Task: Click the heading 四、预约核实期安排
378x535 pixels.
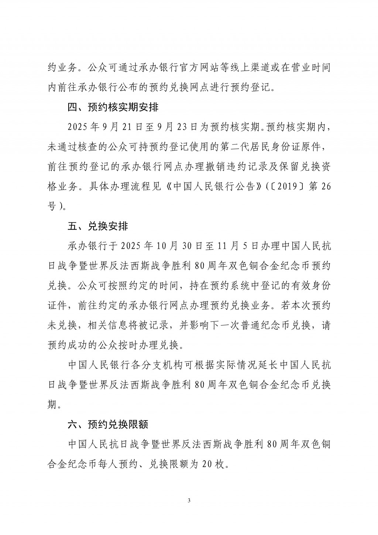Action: click(113, 108)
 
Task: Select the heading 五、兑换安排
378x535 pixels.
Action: click(98, 226)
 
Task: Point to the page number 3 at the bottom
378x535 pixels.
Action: click(189, 501)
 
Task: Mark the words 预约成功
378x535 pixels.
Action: click(68, 345)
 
